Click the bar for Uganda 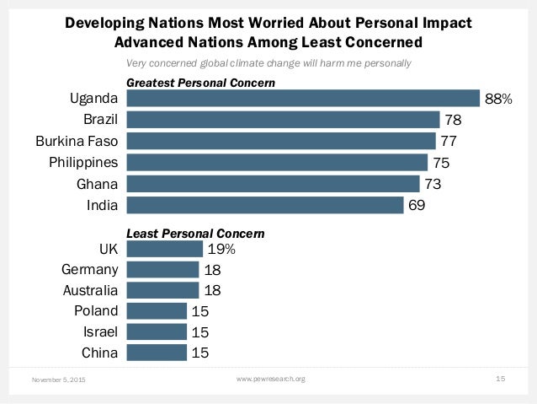pyautogui.click(x=302, y=100)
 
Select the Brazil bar pyautogui.click(x=283, y=120)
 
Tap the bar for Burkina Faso pyautogui.click(x=280, y=141)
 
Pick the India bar pyautogui.click(x=264, y=204)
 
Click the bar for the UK pyautogui.click(x=164, y=249)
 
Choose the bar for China pyautogui.click(x=157, y=353)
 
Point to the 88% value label pyautogui.click(x=498, y=100)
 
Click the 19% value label pyautogui.click(x=221, y=249)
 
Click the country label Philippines pyautogui.click(x=82, y=162)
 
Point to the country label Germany pyautogui.click(x=89, y=270)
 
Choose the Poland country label pyautogui.click(x=96, y=311)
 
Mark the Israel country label pyautogui.click(x=100, y=331)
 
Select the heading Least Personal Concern pyautogui.click(x=195, y=232)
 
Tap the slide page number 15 pyautogui.click(x=500, y=380)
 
